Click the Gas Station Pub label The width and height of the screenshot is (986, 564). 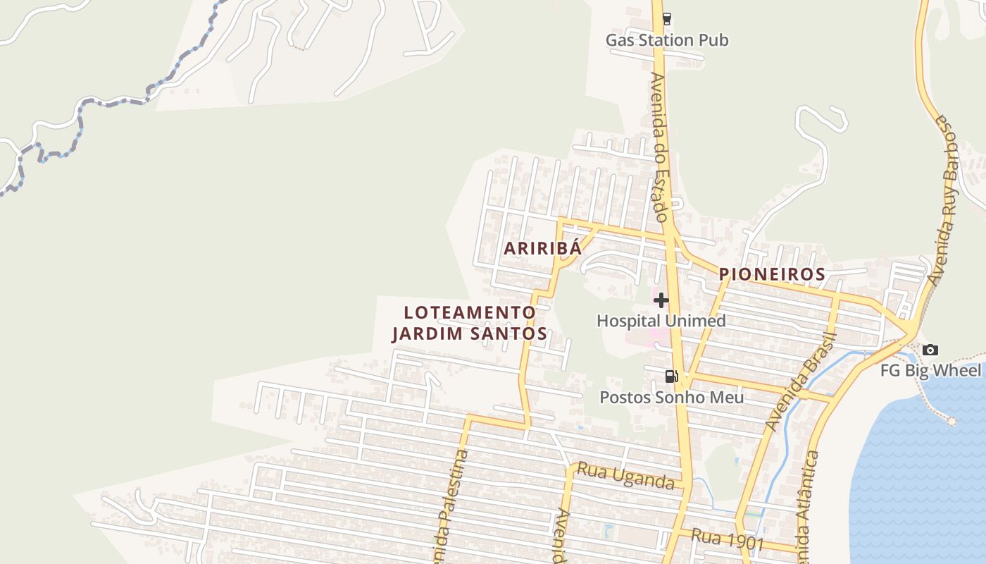pyautogui.click(x=667, y=40)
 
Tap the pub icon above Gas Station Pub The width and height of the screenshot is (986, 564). pyautogui.click(x=666, y=19)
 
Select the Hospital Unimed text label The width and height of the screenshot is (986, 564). pyautogui.click(x=661, y=321)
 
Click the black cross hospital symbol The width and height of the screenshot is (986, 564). pyautogui.click(x=661, y=301)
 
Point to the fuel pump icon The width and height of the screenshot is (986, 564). pyautogui.click(x=671, y=376)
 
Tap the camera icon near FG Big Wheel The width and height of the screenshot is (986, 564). pyautogui.click(x=930, y=350)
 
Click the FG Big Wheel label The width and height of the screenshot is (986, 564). pyautogui.click(x=930, y=370)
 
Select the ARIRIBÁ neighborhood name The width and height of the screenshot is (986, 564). pyautogui.click(x=542, y=248)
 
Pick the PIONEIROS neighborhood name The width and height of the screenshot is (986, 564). pyautogui.click(x=771, y=274)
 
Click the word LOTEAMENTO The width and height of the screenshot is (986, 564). pyautogui.click(x=470, y=312)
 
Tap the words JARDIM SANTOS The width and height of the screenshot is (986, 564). pyautogui.click(x=470, y=333)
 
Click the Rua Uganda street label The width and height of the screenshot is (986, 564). pyautogui.click(x=626, y=476)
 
